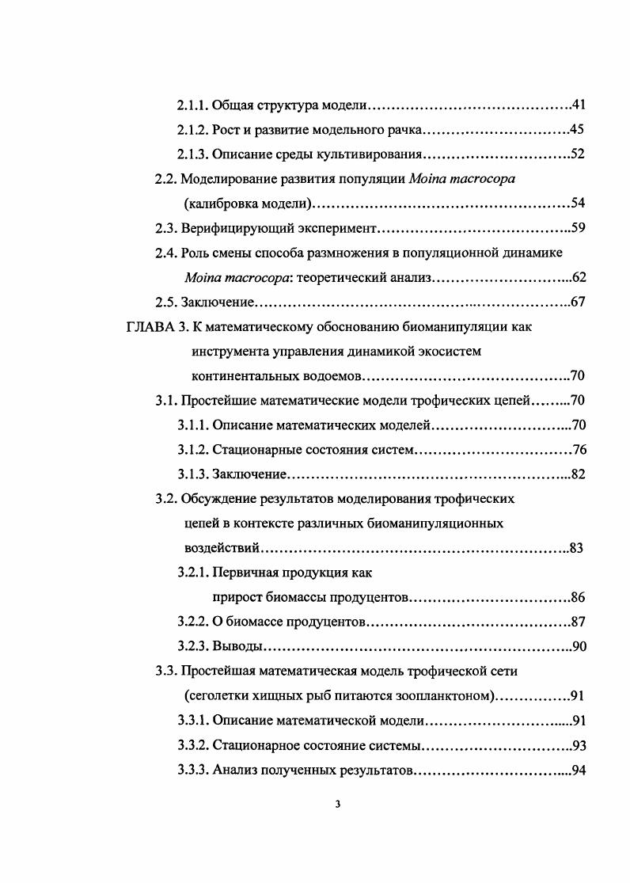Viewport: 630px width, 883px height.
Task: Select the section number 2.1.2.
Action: pos(193,129)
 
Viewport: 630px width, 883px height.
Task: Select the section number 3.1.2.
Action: pos(193,450)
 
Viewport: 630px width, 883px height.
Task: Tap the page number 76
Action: pos(579,450)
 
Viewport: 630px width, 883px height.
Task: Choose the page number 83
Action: pos(577,548)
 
